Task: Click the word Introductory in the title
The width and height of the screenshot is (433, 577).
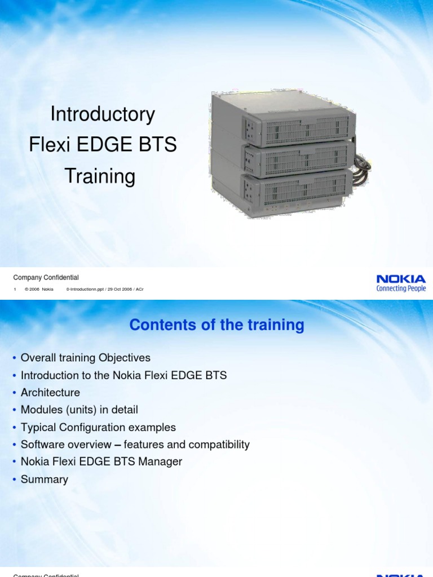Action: [103, 114]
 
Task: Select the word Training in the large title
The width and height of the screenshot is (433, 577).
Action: [100, 176]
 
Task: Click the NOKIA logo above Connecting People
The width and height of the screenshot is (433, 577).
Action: [401, 278]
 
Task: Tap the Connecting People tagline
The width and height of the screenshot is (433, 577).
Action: [401, 288]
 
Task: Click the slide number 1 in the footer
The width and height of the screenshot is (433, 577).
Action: [15, 289]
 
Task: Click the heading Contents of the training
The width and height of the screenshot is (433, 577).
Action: [216, 325]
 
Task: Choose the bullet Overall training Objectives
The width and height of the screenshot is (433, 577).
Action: [85, 358]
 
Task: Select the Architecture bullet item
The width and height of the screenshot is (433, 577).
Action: [50, 393]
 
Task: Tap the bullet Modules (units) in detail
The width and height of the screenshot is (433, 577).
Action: [79, 410]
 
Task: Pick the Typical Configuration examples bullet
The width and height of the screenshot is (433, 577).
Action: [98, 428]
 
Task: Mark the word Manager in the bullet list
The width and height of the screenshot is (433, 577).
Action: [161, 462]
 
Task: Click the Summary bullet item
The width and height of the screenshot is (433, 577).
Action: [44, 480]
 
